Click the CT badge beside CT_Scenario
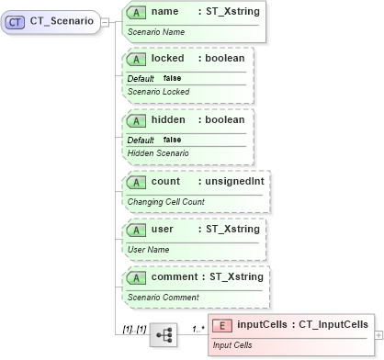point(17,22)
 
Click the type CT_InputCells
point(333,324)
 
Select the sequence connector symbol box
point(165,336)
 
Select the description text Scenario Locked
point(158,92)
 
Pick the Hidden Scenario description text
point(158,153)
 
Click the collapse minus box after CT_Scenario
point(107,22)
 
